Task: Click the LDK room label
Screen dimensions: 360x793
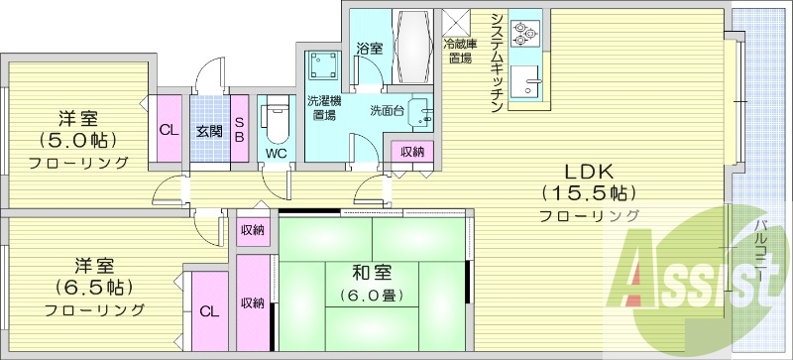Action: (589, 168)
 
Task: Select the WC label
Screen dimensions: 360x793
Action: (275, 153)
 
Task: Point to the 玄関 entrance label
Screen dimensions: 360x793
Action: (208, 130)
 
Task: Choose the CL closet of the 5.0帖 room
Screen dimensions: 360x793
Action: (169, 129)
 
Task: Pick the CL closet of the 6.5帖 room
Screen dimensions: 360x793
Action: (208, 310)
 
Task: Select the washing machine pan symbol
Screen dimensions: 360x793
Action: (321, 66)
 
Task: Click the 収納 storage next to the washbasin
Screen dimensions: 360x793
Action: (412, 151)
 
